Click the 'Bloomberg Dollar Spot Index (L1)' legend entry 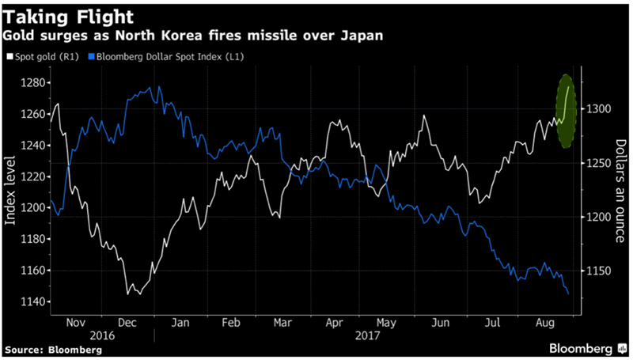[x=158, y=58]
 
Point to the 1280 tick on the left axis [x=36, y=82]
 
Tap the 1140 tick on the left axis [x=36, y=301]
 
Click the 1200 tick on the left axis [x=36, y=207]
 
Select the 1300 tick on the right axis [x=599, y=109]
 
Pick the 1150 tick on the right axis [x=599, y=271]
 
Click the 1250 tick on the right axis [x=599, y=163]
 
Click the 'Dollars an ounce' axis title [x=621, y=191]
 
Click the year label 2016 [x=100, y=336]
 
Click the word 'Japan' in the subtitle [x=364, y=36]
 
